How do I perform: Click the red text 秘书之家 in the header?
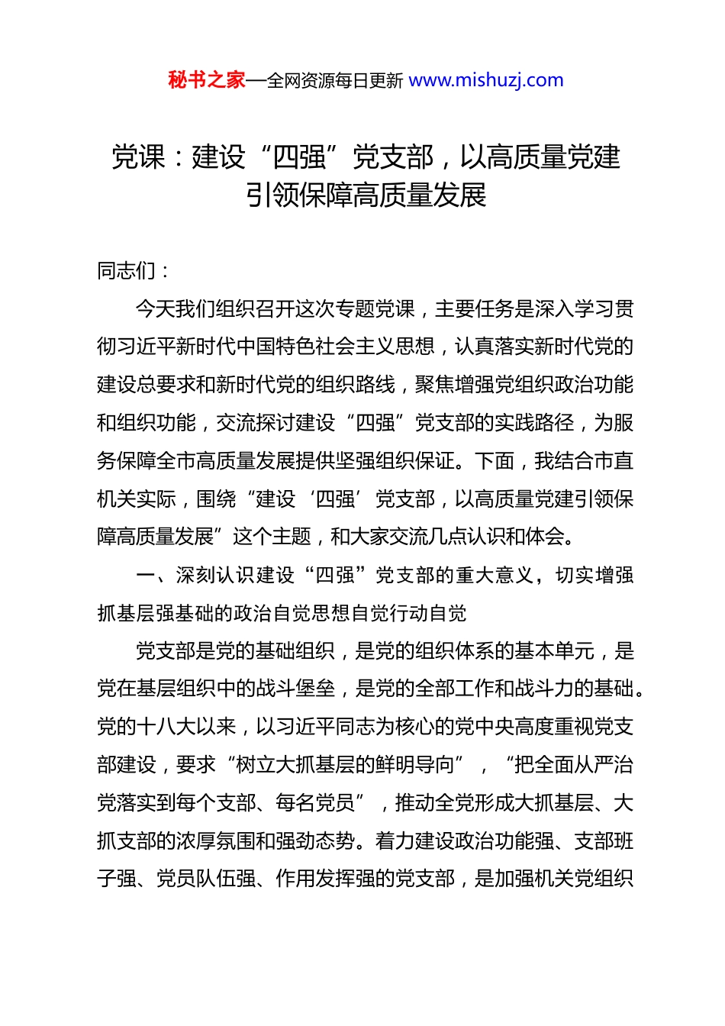pyautogui.click(x=207, y=80)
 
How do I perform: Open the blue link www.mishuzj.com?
pyautogui.click(x=486, y=80)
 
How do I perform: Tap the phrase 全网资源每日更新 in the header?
pyautogui.click(x=335, y=81)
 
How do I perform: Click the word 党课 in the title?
pyautogui.click(x=138, y=157)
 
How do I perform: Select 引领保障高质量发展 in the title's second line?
pyautogui.click(x=366, y=195)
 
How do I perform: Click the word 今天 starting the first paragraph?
pyautogui.click(x=156, y=308)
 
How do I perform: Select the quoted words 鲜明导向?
pyautogui.click(x=415, y=765)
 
